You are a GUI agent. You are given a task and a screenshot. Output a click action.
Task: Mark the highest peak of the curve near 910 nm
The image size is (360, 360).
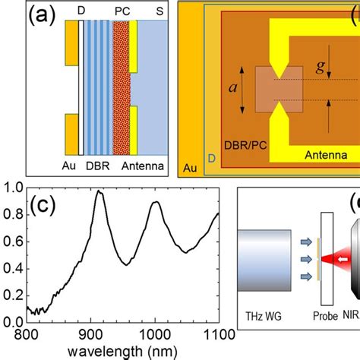click(x=99, y=192)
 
